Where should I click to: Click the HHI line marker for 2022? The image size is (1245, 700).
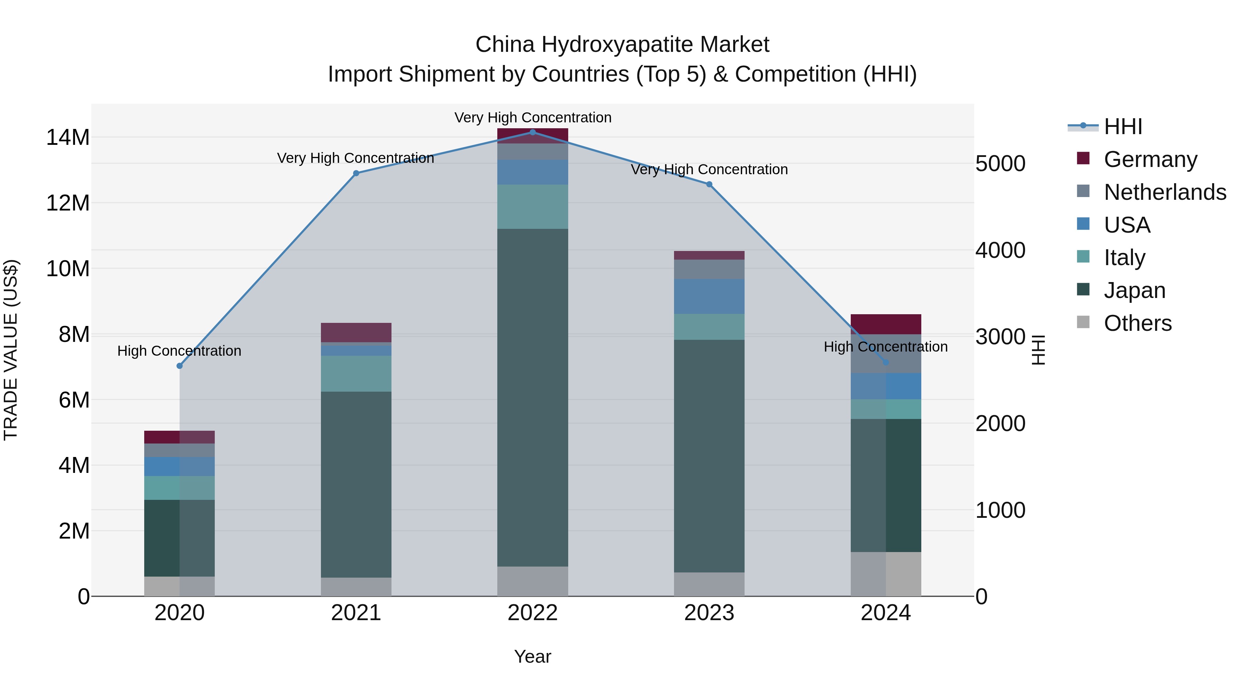pyautogui.click(x=533, y=132)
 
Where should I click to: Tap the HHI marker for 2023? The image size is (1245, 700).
pyautogui.click(x=709, y=184)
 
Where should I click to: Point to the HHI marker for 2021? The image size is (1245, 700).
pyautogui.click(x=356, y=173)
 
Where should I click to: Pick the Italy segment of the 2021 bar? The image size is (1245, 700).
pyautogui.click(x=356, y=373)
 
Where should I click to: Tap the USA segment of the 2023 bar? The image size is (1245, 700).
pyautogui.click(x=709, y=296)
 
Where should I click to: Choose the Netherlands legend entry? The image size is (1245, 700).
pyautogui.click(x=1165, y=192)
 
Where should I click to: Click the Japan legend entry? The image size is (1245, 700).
pyautogui.click(x=1134, y=290)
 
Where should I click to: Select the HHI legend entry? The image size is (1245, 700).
pyautogui.click(x=1123, y=127)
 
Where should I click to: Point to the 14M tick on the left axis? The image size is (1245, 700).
pyautogui.click(x=68, y=137)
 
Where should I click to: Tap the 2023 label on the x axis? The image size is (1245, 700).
pyautogui.click(x=709, y=613)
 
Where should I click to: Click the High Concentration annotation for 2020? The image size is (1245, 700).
pyautogui.click(x=179, y=351)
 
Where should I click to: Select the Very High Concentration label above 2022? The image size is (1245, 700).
pyautogui.click(x=533, y=118)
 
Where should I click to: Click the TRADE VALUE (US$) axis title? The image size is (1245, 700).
pyautogui.click(x=11, y=350)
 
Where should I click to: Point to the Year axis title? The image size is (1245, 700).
pyautogui.click(x=533, y=656)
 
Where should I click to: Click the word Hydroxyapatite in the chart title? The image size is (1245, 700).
pyautogui.click(x=617, y=45)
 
